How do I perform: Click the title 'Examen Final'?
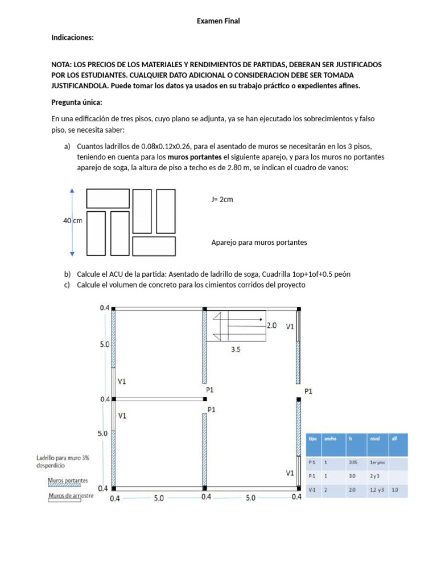pyautogui.click(x=218, y=21)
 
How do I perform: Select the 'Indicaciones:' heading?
pyautogui.click(x=72, y=38)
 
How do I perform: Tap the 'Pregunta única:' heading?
pyautogui.click(x=76, y=102)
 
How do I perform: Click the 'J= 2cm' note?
pyautogui.click(x=222, y=200)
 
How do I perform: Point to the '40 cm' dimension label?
pyautogui.click(x=73, y=221)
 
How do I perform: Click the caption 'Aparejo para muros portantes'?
pyautogui.click(x=259, y=243)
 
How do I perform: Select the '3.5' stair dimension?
pyautogui.click(x=236, y=351)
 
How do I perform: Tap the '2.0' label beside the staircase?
pyautogui.click(x=272, y=326)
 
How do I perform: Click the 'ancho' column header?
pyautogui.click(x=330, y=439)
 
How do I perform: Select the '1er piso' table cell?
pyautogui.click(x=373, y=463)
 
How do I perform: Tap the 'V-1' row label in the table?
pyautogui.click(x=312, y=489)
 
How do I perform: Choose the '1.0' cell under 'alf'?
pyautogui.click(x=395, y=489)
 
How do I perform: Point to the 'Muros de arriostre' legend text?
pyautogui.click(x=71, y=495)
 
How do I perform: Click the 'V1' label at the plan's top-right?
pyautogui.click(x=290, y=327)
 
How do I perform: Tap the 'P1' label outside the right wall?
pyautogui.click(x=308, y=392)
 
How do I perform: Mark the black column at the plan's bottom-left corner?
pyautogui.click(x=114, y=488)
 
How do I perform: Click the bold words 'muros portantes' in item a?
pyautogui.click(x=195, y=157)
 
